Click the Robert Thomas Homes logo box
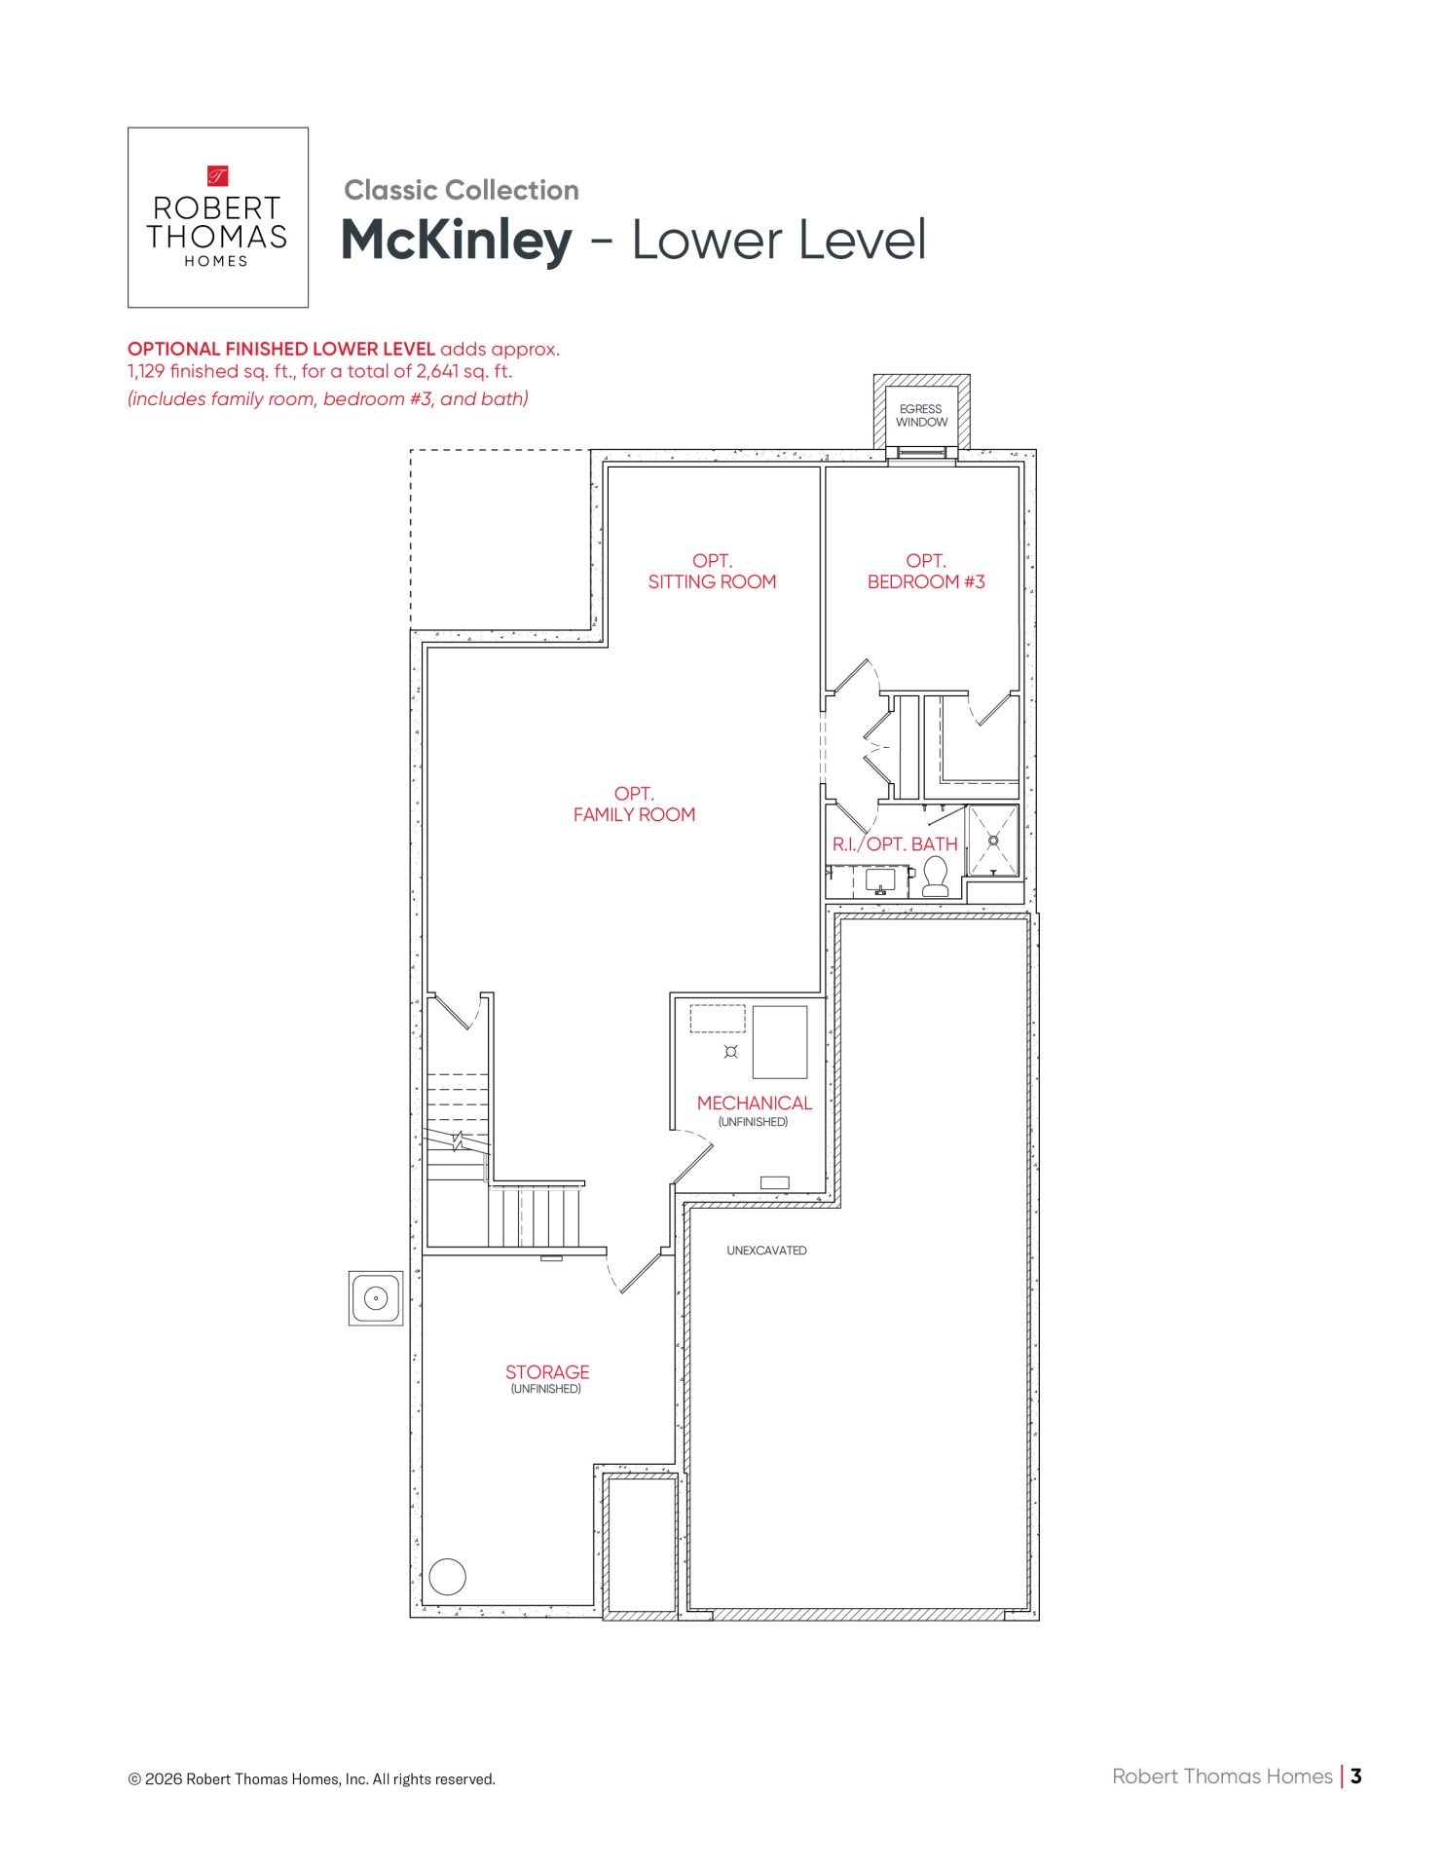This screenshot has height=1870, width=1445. coord(218,217)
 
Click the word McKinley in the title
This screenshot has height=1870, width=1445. coord(456,240)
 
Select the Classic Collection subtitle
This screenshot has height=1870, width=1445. coord(462,190)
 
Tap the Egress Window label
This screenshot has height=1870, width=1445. coord(921,416)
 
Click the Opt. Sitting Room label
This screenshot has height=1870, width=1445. coord(713,572)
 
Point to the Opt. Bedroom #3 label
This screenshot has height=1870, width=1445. coord(926,572)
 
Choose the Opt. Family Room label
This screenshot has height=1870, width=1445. coord(634,804)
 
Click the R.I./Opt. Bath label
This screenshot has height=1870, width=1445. coord(895,844)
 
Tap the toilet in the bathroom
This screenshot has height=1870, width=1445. coord(936,877)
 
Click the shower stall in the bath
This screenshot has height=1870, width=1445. coord(993,841)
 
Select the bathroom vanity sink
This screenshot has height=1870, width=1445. coord(880,880)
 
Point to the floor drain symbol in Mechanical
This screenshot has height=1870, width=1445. coord(731,1051)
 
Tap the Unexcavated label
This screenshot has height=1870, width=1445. coord(766,1251)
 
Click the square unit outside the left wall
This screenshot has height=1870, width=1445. coord(376,1298)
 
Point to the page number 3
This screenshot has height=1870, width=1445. coord(1356,1776)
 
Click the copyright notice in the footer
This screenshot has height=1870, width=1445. coord(312,1779)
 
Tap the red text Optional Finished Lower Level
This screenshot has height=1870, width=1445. coord(281,349)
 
